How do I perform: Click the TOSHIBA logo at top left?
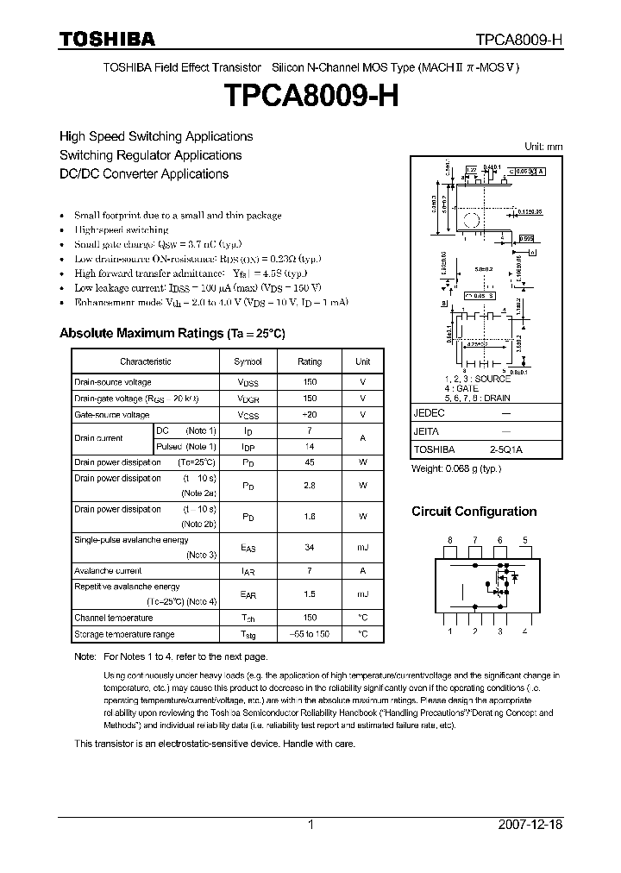pos(107,39)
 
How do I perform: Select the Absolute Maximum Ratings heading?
pos(172,333)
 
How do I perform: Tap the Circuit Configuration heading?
pos(474,512)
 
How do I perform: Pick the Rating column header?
pos(309,362)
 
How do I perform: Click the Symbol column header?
pos(248,362)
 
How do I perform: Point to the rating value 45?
pos(309,462)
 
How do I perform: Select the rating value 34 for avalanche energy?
pos(309,548)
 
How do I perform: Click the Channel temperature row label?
pos(113,618)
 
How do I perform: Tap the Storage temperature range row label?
pos(124,634)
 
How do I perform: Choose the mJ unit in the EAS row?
pos(362,548)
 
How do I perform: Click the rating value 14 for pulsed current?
pos(309,446)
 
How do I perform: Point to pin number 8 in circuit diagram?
pos(448,541)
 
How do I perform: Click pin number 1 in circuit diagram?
pos(448,631)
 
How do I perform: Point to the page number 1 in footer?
pos(310,825)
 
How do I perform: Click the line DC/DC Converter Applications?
pos(143,173)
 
